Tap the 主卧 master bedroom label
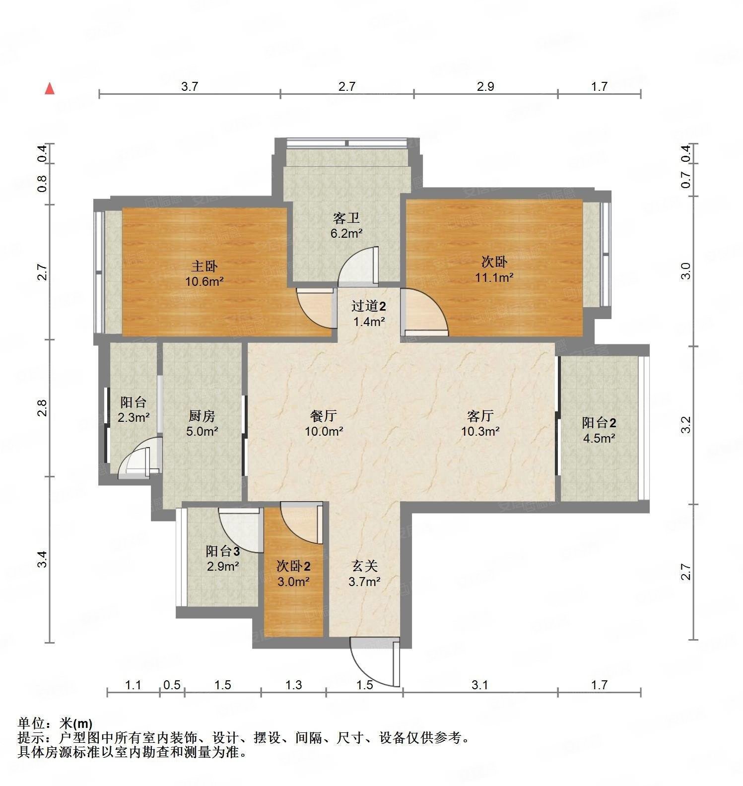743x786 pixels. click(x=204, y=266)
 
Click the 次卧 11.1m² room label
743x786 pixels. click(x=494, y=262)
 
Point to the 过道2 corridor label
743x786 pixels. click(x=368, y=306)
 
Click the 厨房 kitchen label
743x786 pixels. click(x=202, y=416)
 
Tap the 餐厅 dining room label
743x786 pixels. click(x=324, y=415)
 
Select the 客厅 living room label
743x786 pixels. click(x=480, y=415)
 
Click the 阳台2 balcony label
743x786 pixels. click(x=599, y=423)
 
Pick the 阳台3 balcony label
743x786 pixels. click(x=223, y=551)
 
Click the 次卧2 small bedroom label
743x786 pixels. click(x=293, y=566)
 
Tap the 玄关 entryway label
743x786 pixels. click(x=365, y=566)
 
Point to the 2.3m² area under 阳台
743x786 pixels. click(x=134, y=417)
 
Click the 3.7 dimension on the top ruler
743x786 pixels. click(x=190, y=87)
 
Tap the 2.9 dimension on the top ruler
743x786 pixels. click(x=485, y=87)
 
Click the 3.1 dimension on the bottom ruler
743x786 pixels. click(x=479, y=685)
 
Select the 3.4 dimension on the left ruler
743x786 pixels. click(x=43, y=560)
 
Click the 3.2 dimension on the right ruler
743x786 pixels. click(x=686, y=425)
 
